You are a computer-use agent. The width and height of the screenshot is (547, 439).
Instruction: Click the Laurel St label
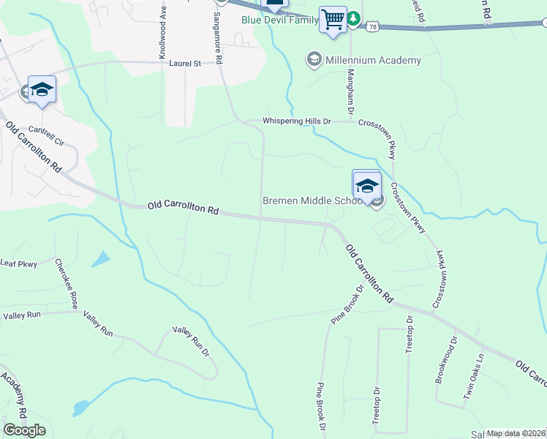click(185, 64)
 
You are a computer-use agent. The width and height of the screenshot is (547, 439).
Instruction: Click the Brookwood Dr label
click(446, 359)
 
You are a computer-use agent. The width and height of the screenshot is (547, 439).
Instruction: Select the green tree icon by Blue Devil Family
click(353, 18)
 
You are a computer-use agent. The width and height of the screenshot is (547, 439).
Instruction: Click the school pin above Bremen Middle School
click(366, 184)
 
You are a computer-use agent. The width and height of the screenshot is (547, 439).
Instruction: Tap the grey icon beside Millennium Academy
click(314, 60)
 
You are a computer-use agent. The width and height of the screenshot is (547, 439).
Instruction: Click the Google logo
click(25, 430)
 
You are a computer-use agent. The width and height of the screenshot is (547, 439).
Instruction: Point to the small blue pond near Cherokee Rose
click(101, 258)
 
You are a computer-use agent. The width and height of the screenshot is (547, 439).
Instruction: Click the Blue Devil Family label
click(280, 20)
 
